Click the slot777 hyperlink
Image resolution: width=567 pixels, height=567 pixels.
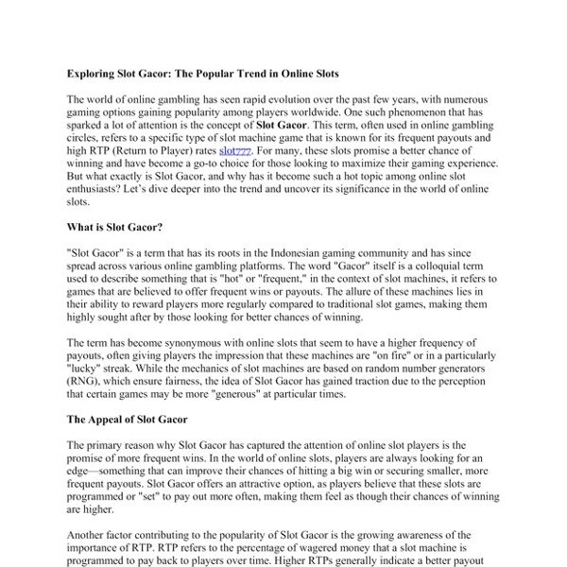click(236, 149)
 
